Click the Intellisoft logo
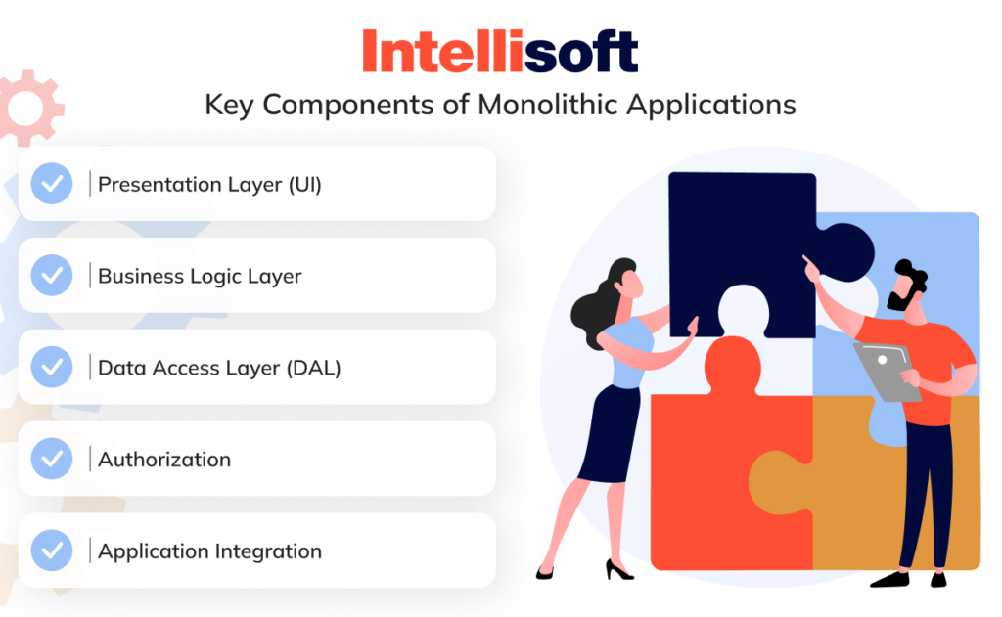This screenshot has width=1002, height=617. [x=500, y=51]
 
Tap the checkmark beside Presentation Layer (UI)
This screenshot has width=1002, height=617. [x=52, y=184]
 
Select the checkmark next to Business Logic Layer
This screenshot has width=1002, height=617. [x=52, y=276]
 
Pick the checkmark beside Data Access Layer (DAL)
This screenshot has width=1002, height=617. [x=52, y=368]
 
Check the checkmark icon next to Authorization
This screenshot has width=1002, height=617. [x=52, y=460]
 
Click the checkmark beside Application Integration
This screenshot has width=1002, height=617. [x=52, y=551]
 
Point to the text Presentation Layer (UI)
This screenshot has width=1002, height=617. [x=209, y=184]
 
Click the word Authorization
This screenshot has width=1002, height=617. [x=164, y=460]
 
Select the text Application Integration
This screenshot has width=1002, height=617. [x=209, y=551]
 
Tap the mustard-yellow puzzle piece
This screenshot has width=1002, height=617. [x=881, y=489]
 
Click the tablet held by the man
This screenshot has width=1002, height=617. [x=886, y=370]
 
